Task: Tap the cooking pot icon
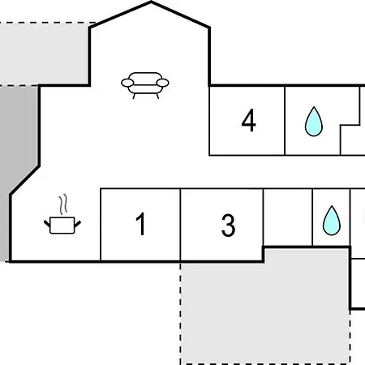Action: tap(62, 225)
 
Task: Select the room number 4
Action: tap(248, 120)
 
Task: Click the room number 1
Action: tap(141, 224)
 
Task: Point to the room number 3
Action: tap(228, 225)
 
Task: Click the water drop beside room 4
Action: tap(314, 122)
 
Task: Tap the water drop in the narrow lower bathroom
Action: tap(332, 221)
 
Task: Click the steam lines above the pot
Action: tap(63, 204)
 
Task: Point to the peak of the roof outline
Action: tap(151, 2)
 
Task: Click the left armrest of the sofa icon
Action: tap(127, 83)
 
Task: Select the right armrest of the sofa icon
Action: tap(163, 83)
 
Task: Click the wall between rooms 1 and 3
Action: tap(180, 225)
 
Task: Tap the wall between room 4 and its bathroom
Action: tap(285, 121)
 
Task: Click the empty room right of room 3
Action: tap(288, 217)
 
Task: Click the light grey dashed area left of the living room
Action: tap(45, 54)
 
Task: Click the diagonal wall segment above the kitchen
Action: tap(25, 180)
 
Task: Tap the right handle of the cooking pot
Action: tap(78, 224)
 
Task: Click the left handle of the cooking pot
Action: tap(47, 224)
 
